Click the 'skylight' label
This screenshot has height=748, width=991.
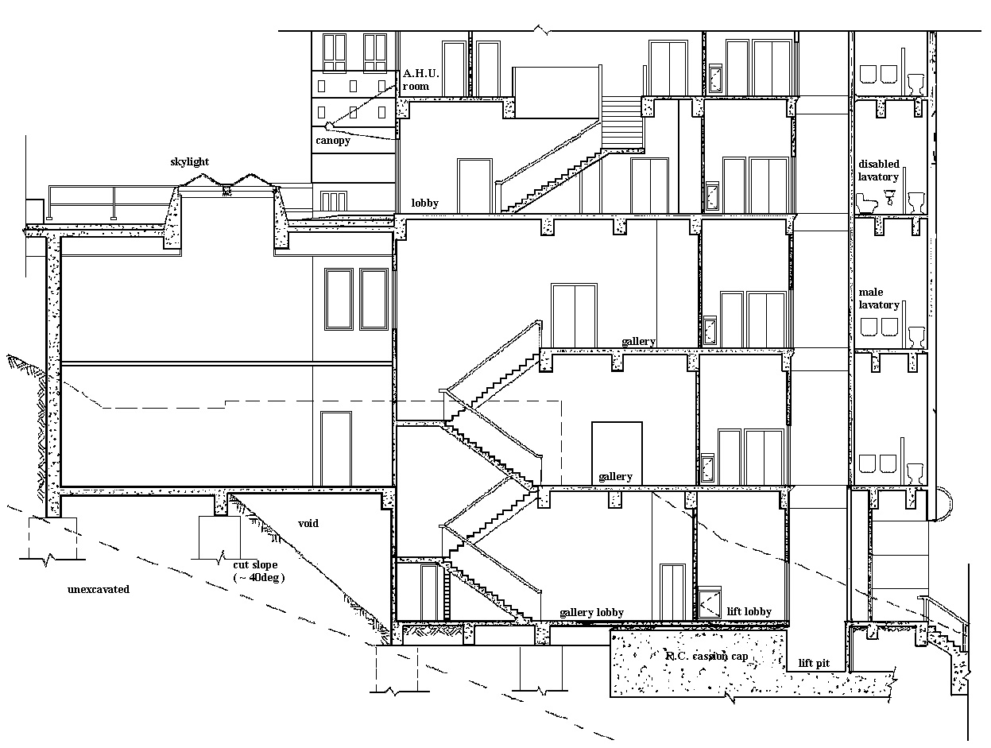[x=189, y=162]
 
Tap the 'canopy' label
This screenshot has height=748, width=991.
[x=333, y=141]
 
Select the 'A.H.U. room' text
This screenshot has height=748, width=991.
[x=420, y=80]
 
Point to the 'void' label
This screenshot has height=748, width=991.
[x=308, y=523]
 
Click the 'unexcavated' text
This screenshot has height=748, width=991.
[x=99, y=589]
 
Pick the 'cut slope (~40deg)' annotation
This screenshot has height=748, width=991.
[x=258, y=571]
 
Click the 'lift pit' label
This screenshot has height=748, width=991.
[x=814, y=663]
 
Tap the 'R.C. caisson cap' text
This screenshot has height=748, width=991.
[x=707, y=656]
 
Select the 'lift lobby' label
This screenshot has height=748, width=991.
[x=749, y=611]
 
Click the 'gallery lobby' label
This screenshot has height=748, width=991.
[x=591, y=613]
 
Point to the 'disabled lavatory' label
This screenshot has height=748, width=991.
[x=879, y=170]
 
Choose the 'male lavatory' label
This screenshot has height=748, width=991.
[x=879, y=298]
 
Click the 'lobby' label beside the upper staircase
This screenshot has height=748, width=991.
[x=425, y=203]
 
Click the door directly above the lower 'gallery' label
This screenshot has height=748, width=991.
[x=617, y=453]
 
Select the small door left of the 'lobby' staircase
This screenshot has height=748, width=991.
[x=474, y=185]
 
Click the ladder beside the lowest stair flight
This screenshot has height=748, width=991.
[x=447, y=592]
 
